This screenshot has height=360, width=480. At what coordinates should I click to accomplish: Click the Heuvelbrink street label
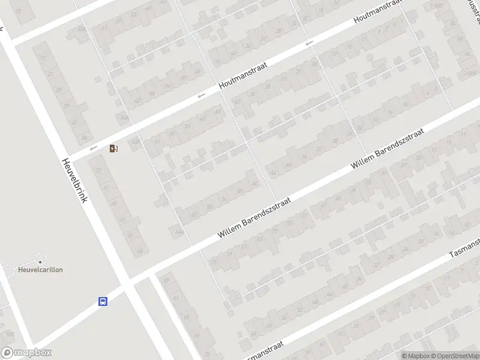click(76, 180)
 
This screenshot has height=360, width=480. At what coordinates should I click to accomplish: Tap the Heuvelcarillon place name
click(40, 269)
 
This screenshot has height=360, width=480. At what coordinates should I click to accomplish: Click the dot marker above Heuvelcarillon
click(40, 260)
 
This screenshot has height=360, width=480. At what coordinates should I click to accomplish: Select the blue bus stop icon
click(103, 302)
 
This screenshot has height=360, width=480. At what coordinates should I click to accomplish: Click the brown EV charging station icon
click(113, 148)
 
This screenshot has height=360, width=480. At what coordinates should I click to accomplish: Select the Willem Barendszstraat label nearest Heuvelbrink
click(255, 217)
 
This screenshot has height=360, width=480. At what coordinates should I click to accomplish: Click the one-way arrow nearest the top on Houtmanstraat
click(309, 43)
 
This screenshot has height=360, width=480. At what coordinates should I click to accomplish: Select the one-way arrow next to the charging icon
click(93, 148)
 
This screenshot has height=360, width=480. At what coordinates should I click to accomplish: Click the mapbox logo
click(26, 353)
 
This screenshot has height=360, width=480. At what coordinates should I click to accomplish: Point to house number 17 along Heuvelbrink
click(43, 58)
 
